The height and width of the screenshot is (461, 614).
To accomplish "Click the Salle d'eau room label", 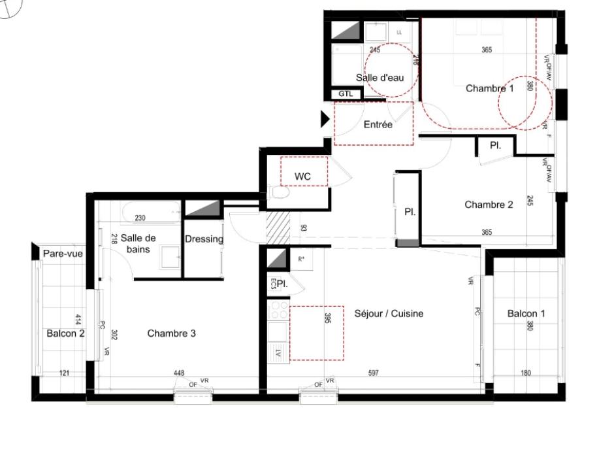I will (x=380, y=77).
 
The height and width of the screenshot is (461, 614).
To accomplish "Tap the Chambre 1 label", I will (x=489, y=88).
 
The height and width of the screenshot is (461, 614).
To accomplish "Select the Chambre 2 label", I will (x=489, y=205).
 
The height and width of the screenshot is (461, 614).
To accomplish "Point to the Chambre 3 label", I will (x=171, y=333).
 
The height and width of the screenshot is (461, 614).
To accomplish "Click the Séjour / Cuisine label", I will (x=389, y=314).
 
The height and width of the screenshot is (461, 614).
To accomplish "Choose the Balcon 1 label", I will (x=526, y=314).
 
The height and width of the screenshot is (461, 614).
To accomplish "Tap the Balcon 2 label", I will (x=65, y=333).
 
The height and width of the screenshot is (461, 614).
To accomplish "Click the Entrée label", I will (x=378, y=124).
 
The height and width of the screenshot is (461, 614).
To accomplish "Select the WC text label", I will (x=302, y=177).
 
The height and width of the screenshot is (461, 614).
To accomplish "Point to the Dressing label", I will (x=204, y=239).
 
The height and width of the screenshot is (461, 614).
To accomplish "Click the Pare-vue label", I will (x=63, y=254).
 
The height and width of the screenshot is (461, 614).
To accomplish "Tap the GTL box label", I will (x=346, y=94).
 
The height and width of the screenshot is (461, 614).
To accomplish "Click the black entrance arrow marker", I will (x=325, y=119).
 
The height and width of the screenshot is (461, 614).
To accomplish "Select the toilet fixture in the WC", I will (x=278, y=194).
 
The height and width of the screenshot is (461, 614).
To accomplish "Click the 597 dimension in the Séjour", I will (x=373, y=373).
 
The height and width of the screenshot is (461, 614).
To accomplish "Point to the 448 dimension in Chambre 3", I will (x=178, y=373).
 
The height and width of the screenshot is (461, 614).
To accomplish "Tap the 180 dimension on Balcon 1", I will (x=526, y=373).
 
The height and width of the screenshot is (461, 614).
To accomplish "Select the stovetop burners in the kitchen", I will (x=279, y=310).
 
